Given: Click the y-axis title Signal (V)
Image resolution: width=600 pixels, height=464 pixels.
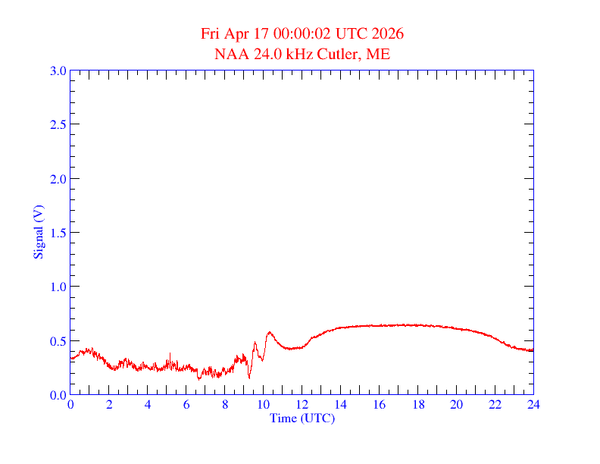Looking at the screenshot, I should click(x=37, y=232).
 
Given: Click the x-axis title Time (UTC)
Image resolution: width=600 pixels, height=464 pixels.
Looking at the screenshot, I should click(x=302, y=418).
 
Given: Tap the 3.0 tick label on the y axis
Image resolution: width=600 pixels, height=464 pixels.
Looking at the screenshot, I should click(x=58, y=71).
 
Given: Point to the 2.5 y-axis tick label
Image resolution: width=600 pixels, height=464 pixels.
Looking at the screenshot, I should click(x=58, y=124).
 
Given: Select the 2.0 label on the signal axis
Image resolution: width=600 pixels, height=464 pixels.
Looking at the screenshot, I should click(x=58, y=179).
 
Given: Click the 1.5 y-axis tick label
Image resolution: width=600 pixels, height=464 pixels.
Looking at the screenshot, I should click(x=58, y=233).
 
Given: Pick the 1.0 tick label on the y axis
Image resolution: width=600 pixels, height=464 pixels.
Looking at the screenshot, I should click(x=58, y=287).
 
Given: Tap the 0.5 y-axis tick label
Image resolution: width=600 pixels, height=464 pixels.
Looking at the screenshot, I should click(x=58, y=341).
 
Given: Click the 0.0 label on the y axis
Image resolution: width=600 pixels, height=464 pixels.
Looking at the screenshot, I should click(x=58, y=395).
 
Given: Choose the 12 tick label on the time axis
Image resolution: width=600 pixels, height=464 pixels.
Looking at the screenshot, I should click(x=302, y=405).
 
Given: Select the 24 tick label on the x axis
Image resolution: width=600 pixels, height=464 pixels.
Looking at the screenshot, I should click(x=533, y=405).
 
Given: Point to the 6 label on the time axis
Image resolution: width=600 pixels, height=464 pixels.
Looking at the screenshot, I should click(x=186, y=405).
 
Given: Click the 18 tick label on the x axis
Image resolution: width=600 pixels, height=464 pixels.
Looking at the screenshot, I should click(x=417, y=405).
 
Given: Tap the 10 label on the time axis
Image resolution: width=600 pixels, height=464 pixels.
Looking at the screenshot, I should click(x=263, y=405).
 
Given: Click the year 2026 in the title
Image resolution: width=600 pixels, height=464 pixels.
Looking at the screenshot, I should click(x=388, y=34).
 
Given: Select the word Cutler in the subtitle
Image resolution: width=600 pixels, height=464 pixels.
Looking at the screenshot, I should click(x=342, y=54).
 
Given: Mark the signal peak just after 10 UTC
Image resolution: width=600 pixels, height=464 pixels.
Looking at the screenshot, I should click(x=269, y=332).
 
